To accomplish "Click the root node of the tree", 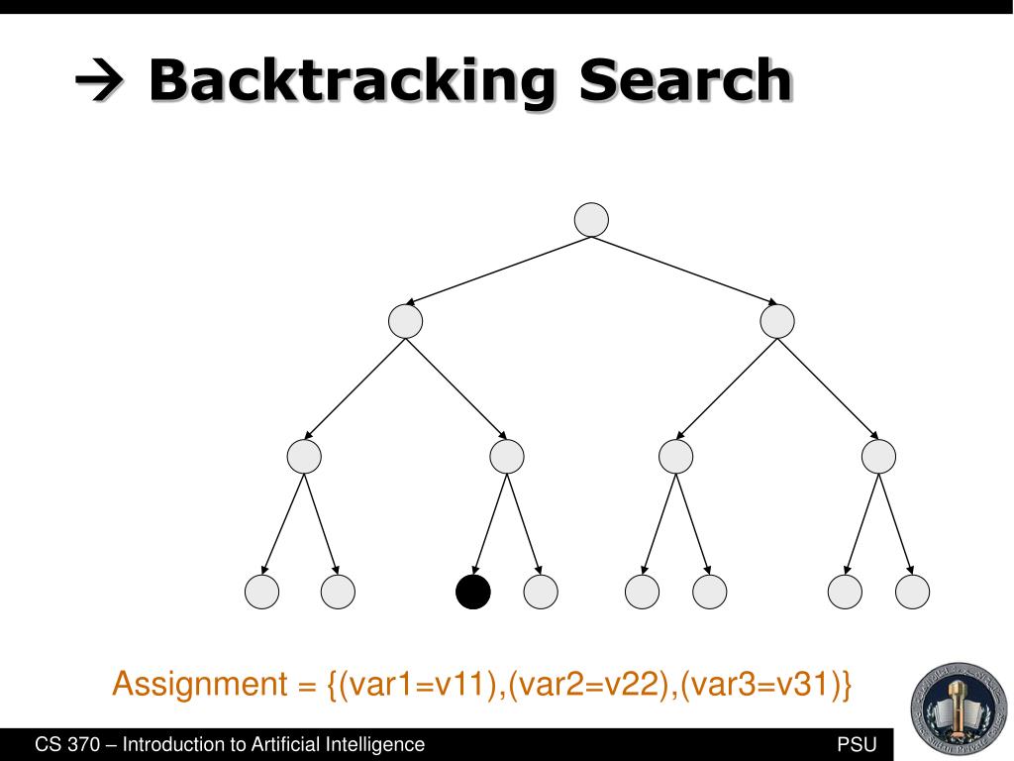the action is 591,220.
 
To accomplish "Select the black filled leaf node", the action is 472,592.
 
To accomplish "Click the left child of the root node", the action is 405,321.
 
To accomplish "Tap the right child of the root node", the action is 777,321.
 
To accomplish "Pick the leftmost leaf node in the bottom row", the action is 262,592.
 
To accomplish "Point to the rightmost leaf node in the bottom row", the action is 912,592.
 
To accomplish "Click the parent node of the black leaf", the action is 506,457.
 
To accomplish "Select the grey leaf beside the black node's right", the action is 541,592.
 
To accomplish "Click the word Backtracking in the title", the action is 352,81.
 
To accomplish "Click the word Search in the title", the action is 685,81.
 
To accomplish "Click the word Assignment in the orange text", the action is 199,684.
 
